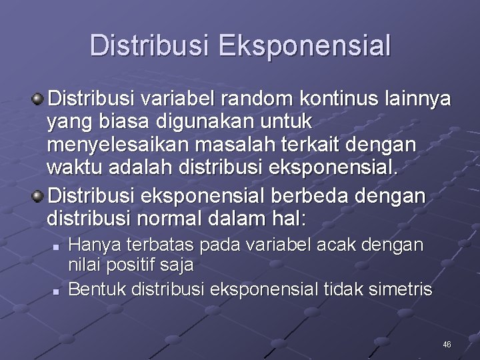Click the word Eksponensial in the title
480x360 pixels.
coord(305,47)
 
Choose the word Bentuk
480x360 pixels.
coord(98,290)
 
